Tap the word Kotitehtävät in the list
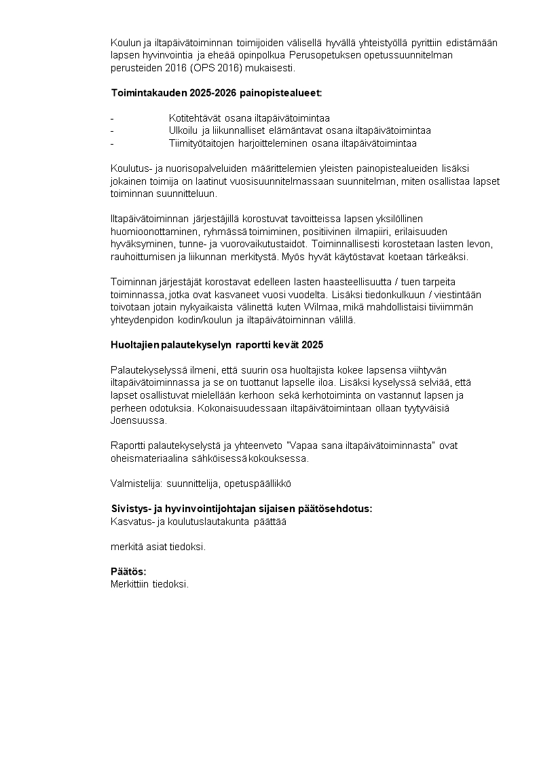pyautogui.click(x=196, y=118)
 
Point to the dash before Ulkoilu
pyautogui.click(x=112, y=131)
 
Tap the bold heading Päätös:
pyautogui.click(x=128, y=571)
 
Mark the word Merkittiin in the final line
pyautogui.click(x=130, y=584)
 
